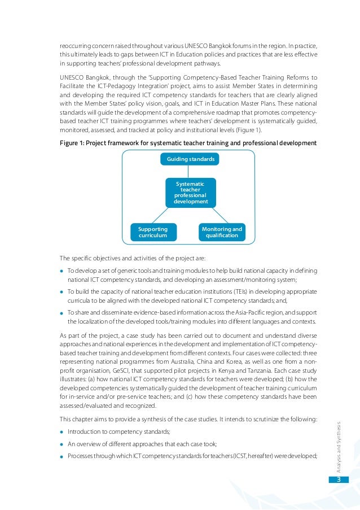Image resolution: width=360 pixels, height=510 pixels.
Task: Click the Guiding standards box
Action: point(190,159)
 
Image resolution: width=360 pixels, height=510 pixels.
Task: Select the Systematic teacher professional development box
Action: point(191,193)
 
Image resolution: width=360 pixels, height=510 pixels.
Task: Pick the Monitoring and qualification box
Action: point(222,232)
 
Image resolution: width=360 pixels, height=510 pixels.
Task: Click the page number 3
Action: point(339,480)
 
